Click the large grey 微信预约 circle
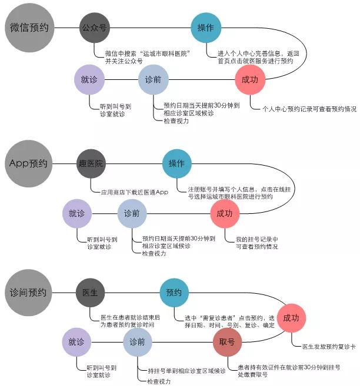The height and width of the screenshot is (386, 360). click(29, 28)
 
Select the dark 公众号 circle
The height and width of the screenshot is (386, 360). click(94, 28)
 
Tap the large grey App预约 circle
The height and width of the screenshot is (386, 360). click(29, 163)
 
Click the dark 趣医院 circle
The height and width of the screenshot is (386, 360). click(91, 163)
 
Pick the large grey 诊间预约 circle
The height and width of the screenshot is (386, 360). click(28, 293)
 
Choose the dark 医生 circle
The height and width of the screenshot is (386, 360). click(90, 293)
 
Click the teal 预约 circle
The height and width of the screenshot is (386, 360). click(174, 293)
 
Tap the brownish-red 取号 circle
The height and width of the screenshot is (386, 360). click(227, 342)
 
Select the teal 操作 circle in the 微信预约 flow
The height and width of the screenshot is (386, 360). click(206, 28)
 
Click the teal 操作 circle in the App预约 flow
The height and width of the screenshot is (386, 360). click(177, 163)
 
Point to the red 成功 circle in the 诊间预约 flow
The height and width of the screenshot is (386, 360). click(292, 318)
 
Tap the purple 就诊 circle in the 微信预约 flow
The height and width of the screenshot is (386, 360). click(89, 79)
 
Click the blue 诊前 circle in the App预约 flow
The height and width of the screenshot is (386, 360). click(132, 213)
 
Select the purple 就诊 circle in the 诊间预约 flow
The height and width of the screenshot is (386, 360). click(76, 342)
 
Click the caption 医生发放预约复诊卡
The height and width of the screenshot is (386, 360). click(329, 347)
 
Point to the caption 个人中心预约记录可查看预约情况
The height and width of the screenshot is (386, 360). click(309, 109)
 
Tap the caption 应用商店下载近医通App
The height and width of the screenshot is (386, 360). click(135, 192)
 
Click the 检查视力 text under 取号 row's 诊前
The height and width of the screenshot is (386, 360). click(159, 381)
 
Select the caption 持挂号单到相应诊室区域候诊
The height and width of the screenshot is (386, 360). click(186, 371)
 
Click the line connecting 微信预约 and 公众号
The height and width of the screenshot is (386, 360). click(67, 28)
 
